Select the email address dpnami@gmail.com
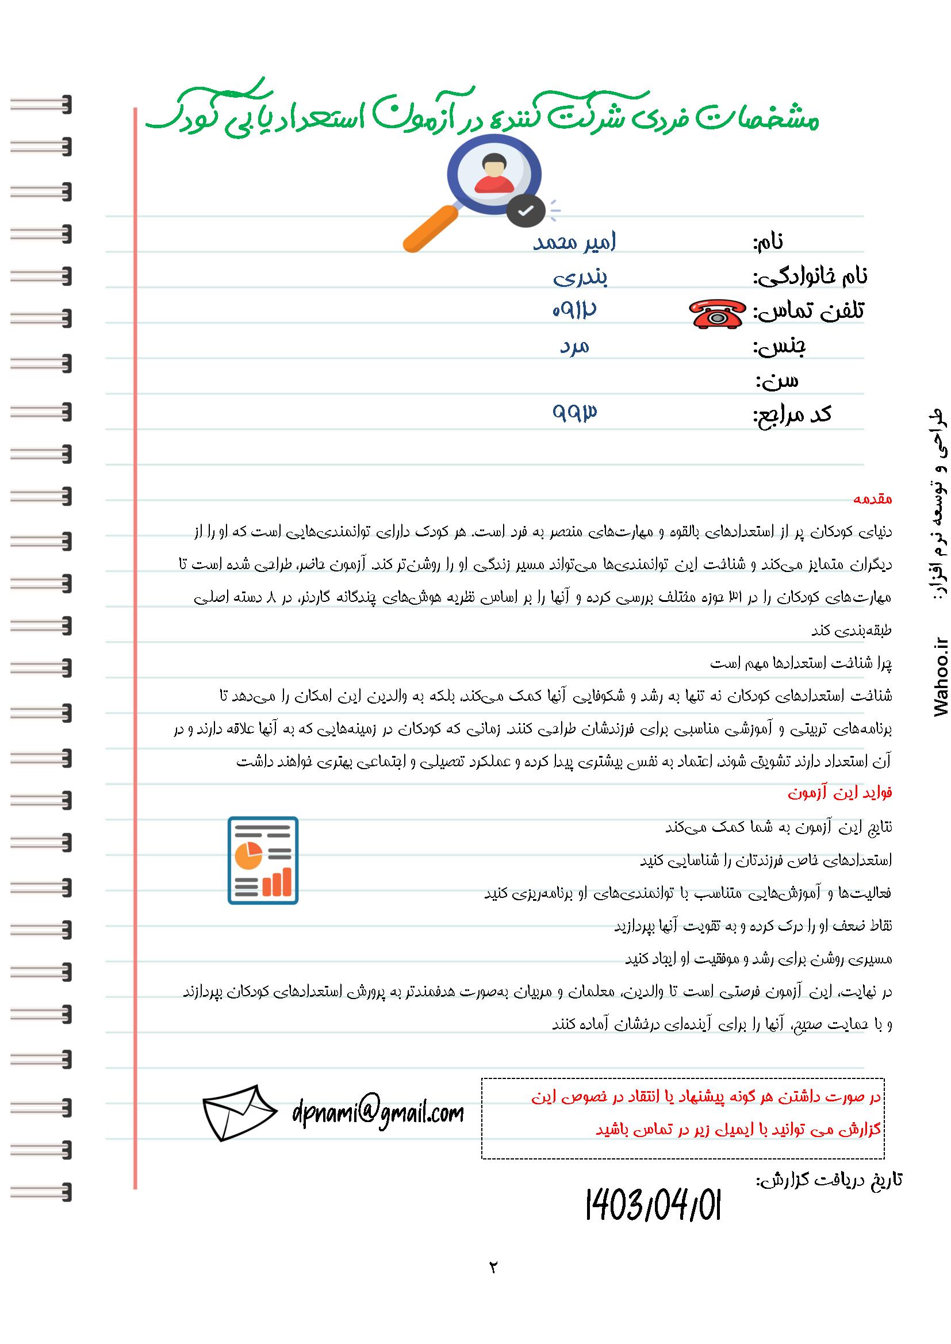pos(378,1112)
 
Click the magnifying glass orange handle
pos(431,228)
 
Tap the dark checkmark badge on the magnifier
pos(526,211)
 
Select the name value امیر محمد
pos(574,242)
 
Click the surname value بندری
pos(580,277)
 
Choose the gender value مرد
pos(574,347)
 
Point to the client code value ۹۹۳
pos(574,412)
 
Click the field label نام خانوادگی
pos(811,277)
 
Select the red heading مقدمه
pos(873,500)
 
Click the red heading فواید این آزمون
pos(839,793)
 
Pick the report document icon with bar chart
pos(263,861)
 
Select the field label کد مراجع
pos(792,414)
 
